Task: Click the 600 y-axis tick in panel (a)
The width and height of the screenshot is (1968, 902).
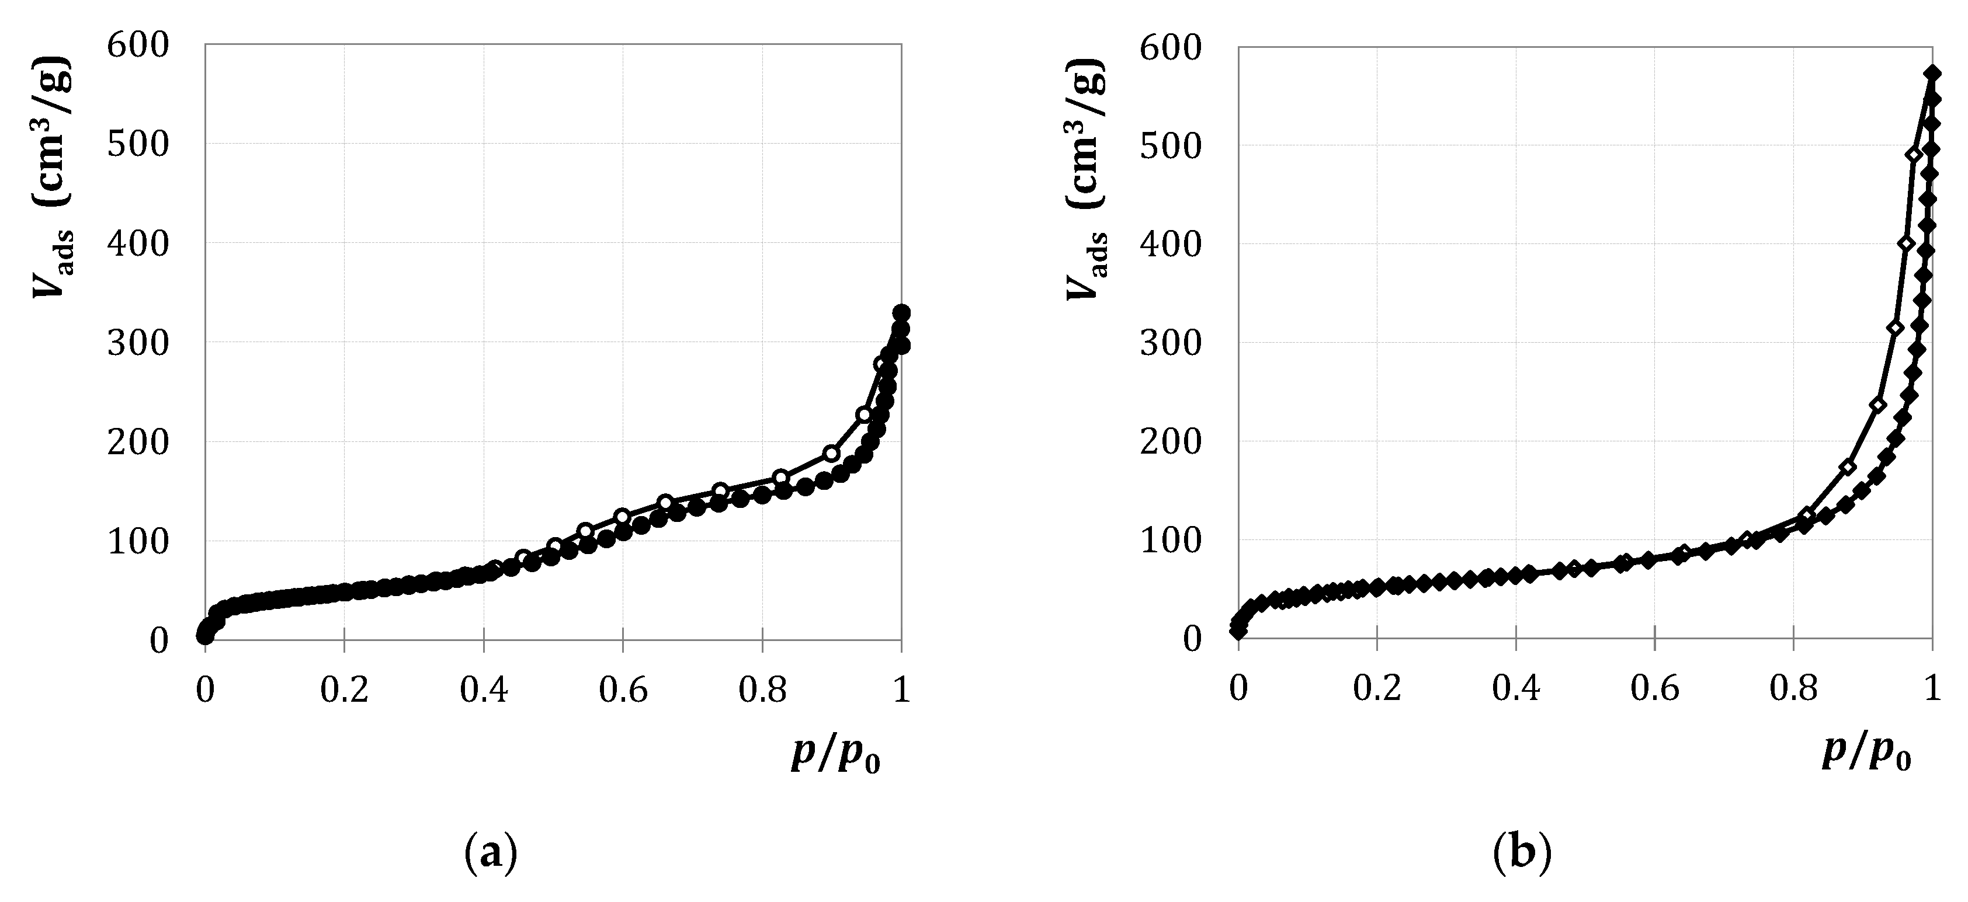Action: point(137,45)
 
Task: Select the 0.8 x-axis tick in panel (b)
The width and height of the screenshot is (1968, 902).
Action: point(1793,689)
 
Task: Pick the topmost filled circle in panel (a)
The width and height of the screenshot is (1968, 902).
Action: point(901,313)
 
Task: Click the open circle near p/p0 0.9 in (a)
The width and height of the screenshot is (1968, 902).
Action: point(831,454)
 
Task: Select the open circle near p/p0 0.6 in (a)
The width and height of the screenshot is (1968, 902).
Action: point(622,516)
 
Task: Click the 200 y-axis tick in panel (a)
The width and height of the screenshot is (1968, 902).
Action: point(137,441)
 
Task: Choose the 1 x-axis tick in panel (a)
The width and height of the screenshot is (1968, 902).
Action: point(901,689)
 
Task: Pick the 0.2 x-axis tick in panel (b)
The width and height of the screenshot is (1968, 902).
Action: point(1377,689)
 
